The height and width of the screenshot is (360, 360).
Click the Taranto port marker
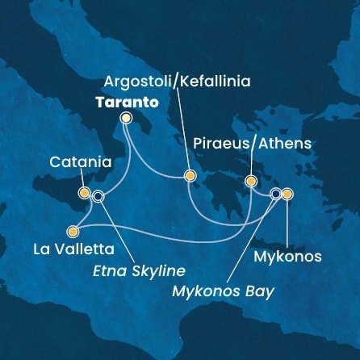coord(126,118)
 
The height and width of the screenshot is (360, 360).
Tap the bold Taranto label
coord(126,103)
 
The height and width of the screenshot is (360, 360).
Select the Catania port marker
coord(84,193)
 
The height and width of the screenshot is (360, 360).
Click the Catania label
coord(80,162)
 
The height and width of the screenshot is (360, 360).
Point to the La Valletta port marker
coord(74,228)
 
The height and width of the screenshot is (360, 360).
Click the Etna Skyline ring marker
coord(98,195)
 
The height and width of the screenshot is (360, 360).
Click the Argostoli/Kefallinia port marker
coord(190,175)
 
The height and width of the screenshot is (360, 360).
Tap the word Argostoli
coord(140,82)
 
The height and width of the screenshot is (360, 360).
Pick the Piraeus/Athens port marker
coord(250,181)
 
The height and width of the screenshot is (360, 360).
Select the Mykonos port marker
coord(287,194)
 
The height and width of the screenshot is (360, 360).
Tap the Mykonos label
coord(287,257)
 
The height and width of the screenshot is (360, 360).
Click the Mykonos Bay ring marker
coord(276,194)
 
